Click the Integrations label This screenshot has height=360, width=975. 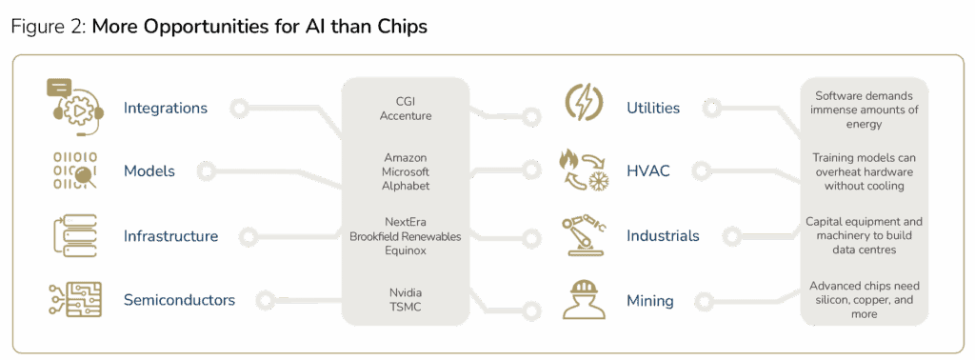165,108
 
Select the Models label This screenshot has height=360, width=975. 149,171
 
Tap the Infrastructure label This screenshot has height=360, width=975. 170,235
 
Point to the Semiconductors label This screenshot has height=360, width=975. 179,300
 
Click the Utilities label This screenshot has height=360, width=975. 653,108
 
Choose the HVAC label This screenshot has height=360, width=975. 648,171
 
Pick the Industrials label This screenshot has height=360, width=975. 663,235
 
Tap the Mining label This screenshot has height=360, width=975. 650,301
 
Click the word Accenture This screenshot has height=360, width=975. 407,116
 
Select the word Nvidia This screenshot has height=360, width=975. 407,291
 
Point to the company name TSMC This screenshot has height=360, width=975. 407,307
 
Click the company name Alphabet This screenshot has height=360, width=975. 407,186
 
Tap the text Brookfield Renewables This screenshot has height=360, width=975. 407,235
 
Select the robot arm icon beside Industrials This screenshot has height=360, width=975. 583,234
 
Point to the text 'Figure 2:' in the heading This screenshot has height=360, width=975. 48,27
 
